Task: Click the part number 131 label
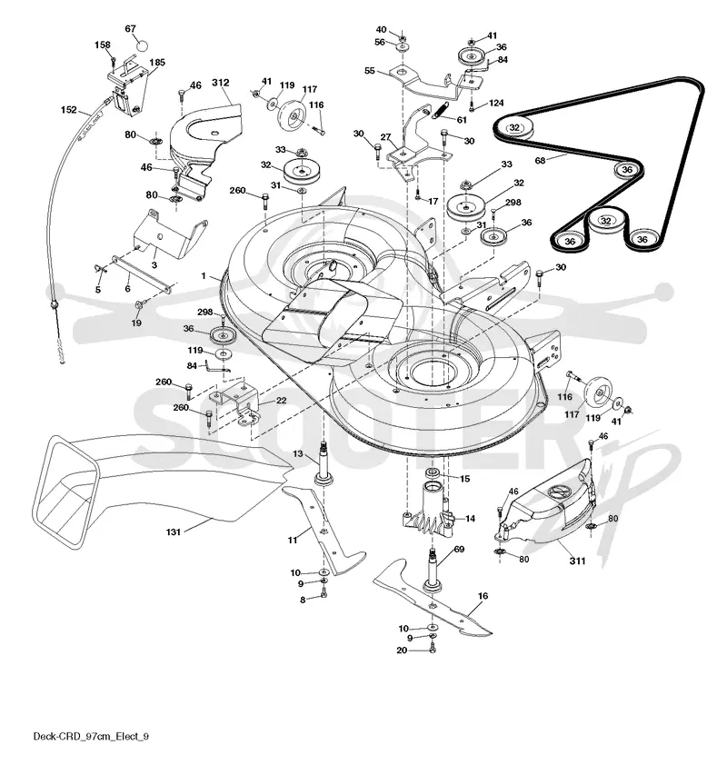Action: [x=174, y=532]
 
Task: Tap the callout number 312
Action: [x=221, y=83]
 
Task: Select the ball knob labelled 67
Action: [x=141, y=45]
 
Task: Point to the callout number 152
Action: [x=69, y=110]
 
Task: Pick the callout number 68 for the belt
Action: [x=540, y=160]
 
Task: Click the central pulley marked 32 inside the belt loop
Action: [x=605, y=222]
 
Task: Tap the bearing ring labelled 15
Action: [x=433, y=472]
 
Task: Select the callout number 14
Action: [x=470, y=518]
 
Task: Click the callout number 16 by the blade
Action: [x=483, y=596]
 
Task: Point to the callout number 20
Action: [x=402, y=651]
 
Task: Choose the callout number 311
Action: [x=577, y=561]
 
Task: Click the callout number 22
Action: [x=281, y=400]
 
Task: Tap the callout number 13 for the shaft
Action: [x=298, y=453]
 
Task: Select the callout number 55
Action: [x=369, y=71]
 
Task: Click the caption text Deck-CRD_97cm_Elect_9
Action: [x=91, y=736]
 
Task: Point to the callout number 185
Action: [x=157, y=63]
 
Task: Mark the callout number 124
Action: [x=496, y=103]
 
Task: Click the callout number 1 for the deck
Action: [x=204, y=276]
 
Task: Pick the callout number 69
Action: [x=459, y=550]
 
